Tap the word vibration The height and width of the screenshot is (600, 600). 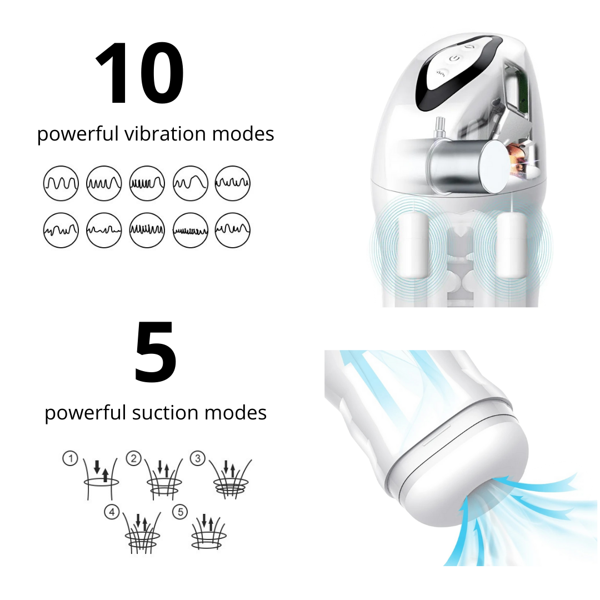point(165,133)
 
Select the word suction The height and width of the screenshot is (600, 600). point(166,412)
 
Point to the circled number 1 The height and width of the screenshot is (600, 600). point(71,458)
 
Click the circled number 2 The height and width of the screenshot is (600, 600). point(133,458)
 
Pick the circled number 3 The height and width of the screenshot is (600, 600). point(198,458)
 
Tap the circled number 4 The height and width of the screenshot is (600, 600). point(112,512)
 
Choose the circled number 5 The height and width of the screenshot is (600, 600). point(180,512)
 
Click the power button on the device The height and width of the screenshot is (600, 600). point(454,58)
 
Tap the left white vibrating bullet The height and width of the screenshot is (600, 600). point(414,243)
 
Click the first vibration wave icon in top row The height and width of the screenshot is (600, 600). point(61,183)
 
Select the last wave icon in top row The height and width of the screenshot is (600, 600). point(232,183)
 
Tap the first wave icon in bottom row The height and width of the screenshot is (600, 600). point(61,230)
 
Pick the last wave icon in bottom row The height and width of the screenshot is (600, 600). point(232,230)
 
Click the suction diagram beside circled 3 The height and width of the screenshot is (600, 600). point(230,479)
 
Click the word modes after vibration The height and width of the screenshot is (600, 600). point(243,133)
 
